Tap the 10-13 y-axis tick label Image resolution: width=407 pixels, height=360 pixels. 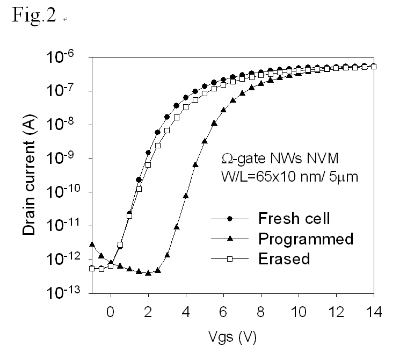pos(67,293)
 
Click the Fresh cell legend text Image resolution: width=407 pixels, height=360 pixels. pos(294,219)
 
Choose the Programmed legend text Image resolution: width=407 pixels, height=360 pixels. pos(306,239)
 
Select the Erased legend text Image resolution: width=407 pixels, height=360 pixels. pos(284,258)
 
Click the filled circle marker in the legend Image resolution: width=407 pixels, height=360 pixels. pos(230,219)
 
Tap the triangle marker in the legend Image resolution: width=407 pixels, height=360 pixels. pos(230,239)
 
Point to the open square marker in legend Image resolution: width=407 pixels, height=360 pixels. pos(230,259)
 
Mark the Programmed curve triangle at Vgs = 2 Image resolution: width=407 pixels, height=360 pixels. pos(148,272)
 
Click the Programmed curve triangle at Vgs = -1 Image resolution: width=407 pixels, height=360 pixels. pos(92,244)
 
